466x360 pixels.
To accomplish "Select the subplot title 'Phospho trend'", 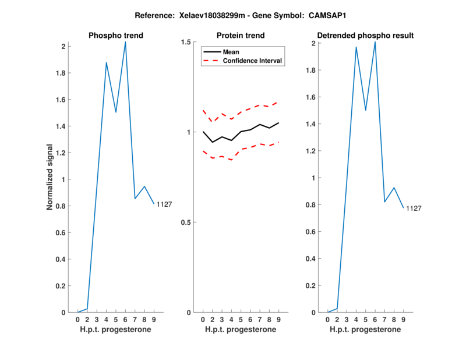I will click(x=116, y=36).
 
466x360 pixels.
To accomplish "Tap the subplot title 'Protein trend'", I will click(x=241, y=36).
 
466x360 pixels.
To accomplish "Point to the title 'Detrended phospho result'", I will click(x=366, y=36).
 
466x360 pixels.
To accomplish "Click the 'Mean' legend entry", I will click(x=231, y=52).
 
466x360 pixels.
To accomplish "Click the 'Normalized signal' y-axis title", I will click(x=51, y=177).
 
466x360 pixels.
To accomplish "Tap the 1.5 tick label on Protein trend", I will click(x=186, y=43).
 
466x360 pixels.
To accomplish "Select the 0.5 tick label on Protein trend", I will click(x=186, y=223).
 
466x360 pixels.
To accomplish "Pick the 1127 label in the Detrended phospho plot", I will click(x=413, y=209).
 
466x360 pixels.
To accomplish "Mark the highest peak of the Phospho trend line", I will click(x=125, y=42).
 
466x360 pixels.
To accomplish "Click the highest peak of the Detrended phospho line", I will click(x=375, y=42).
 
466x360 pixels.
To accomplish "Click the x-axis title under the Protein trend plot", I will click(x=241, y=330).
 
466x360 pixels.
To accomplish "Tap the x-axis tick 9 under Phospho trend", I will click(x=154, y=320).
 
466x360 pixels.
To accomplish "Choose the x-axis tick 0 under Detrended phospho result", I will click(x=328, y=320).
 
